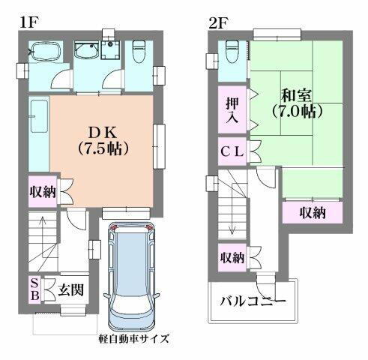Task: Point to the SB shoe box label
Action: point(34,289)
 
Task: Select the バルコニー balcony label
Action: point(252,304)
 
